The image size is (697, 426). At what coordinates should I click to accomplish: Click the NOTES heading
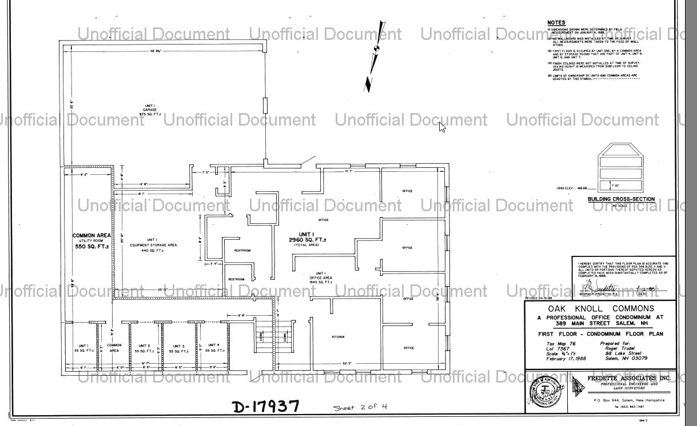(x=556, y=23)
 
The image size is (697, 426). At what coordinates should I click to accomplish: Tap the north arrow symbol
(x=375, y=55)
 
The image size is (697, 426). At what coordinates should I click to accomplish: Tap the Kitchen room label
(x=338, y=337)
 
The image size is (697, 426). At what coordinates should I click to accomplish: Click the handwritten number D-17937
(x=266, y=407)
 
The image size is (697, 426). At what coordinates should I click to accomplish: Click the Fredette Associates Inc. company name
(x=622, y=378)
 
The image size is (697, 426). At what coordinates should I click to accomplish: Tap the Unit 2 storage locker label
(x=145, y=348)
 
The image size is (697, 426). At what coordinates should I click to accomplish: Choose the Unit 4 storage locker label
(x=213, y=347)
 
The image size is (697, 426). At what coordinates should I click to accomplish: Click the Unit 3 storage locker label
(x=178, y=348)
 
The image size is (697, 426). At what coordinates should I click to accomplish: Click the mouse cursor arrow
(x=442, y=126)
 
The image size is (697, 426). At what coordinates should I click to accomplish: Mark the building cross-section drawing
(x=620, y=167)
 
